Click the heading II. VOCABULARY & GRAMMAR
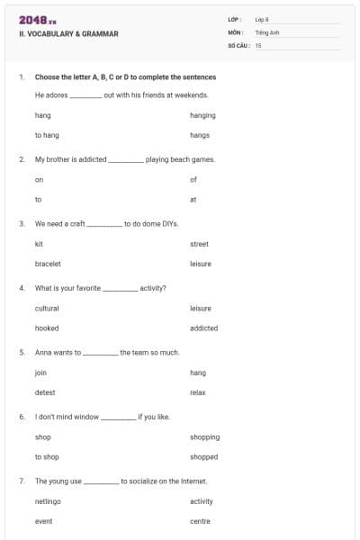(x=68, y=34)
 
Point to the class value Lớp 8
(x=261, y=19)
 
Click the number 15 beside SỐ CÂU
(x=258, y=44)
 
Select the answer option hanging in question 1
(x=202, y=115)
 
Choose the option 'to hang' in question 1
(x=47, y=135)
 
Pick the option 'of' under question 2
(x=193, y=179)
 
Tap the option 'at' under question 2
(x=193, y=199)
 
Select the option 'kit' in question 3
(x=39, y=244)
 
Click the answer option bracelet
(x=48, y=264)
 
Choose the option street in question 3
(x=199, y=244)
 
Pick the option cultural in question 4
(x=47, y=308)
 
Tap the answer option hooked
(x=47, y=328)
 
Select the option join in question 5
(x=40, y=373)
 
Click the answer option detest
(x=45, y=392)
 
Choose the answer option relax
(x=198, y=392)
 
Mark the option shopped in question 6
(x=203, y=456)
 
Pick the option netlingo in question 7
(x=48, y=501)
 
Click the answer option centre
(x=200, y=521)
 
